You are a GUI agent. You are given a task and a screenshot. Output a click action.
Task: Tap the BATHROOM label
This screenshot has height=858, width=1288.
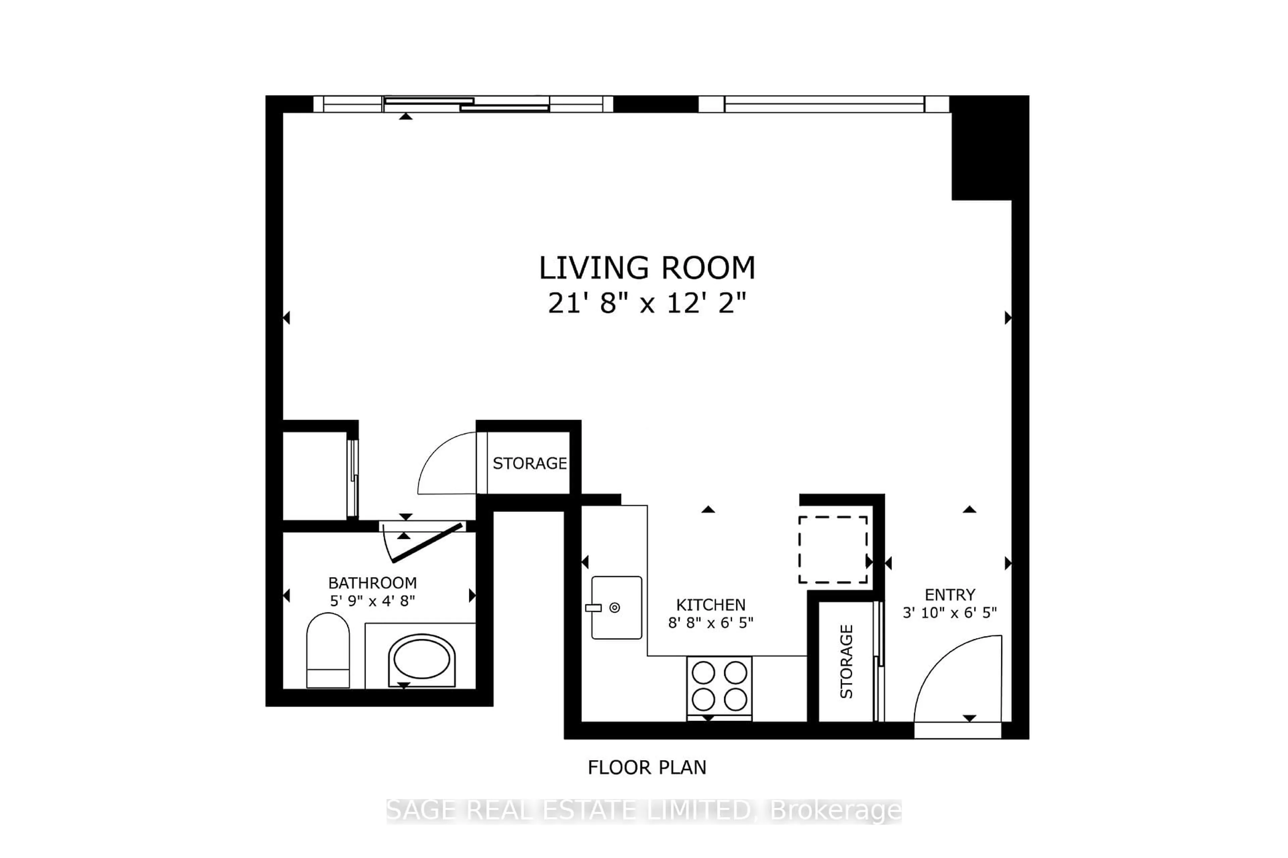[x=372, y=583]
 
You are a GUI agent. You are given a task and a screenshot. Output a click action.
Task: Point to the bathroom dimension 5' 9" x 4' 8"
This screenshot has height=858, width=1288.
[x=372, y=601]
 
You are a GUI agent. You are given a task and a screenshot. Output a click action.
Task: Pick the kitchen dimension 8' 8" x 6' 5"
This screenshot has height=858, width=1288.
[x=710, y=623]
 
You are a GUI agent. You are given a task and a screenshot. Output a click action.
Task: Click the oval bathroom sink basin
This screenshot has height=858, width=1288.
[x=422, y=659]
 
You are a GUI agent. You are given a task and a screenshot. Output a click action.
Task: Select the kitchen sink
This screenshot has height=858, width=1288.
[x=616, y=607]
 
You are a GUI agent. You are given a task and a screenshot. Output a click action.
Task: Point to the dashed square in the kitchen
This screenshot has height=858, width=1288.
[x=833, y=549]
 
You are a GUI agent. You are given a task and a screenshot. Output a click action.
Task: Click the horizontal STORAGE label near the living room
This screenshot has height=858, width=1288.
[x=530, y=464]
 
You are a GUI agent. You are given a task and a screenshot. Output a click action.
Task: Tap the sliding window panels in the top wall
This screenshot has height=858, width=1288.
[x=466, y=104]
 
